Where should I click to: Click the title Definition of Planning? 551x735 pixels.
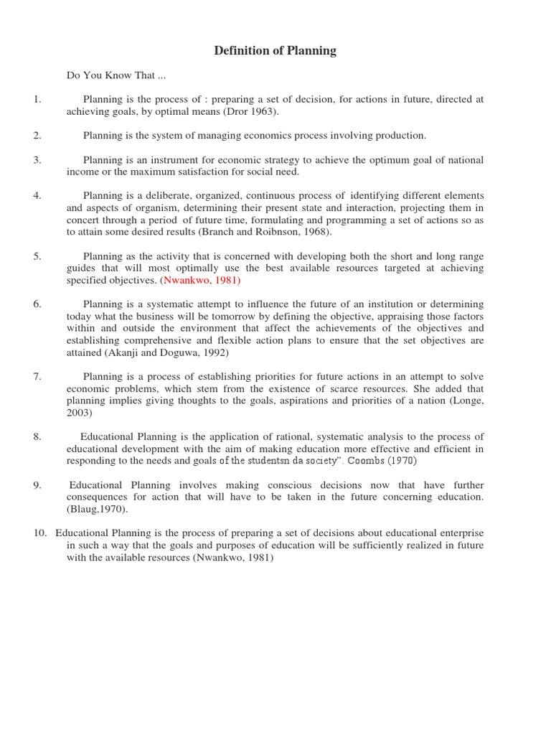click(x=275, y=50)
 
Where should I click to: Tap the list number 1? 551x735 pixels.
click(x=37, y=99)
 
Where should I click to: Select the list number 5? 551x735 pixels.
click(x=37, y=256)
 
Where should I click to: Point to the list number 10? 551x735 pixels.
click(x=40, y=533)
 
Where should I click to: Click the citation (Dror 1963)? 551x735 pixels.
click(x=251, y=111)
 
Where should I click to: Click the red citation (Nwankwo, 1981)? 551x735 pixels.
click(x=200, y=280)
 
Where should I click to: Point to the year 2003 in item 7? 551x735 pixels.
click(x=80, y=413)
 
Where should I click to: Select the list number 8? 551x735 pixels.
click(x=37, y=436)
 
